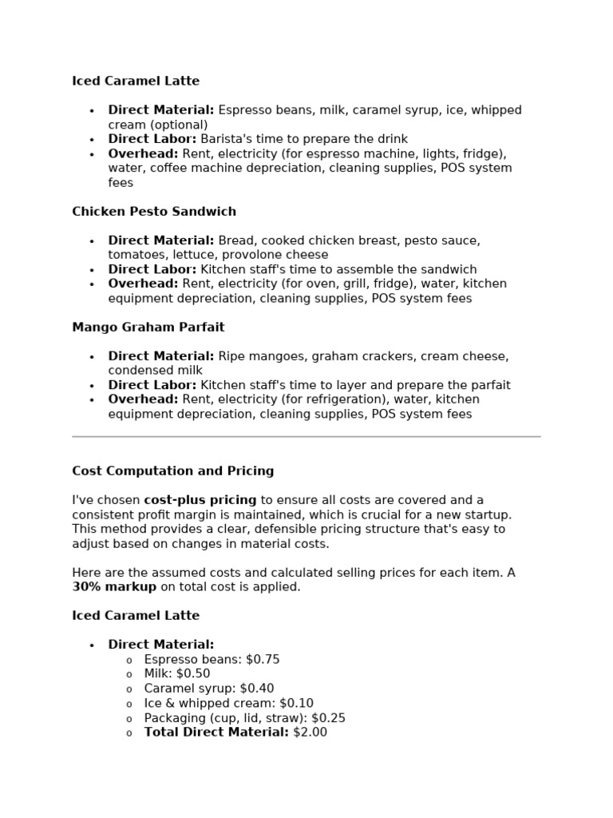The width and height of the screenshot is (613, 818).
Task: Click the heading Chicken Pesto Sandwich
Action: click(x=154, y=212)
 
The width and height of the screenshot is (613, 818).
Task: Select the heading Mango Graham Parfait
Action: click(x=148, y=328)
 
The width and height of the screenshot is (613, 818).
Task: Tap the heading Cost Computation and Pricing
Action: click(x=172, y=471)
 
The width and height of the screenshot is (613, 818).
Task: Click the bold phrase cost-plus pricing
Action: click(x=200, y=500)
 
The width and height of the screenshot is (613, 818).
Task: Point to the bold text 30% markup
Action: click(x=114, y=586)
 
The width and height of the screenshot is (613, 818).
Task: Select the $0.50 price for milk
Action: click(x=193, y=673)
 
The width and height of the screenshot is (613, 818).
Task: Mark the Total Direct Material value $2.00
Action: click(x=310, y=732)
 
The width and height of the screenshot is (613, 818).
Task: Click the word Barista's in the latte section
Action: click(x=227, y=139)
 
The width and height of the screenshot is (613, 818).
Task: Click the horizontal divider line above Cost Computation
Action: click(x=306, y=437)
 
